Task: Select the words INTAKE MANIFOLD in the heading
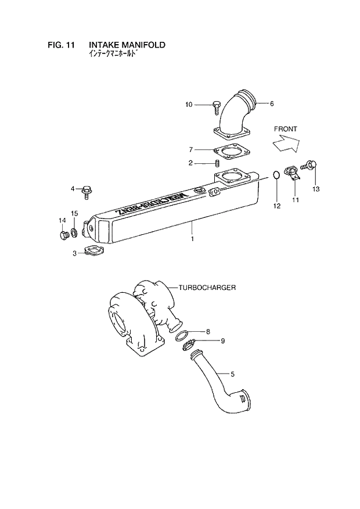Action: tap(127, 44)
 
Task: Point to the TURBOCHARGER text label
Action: tap(207, 288)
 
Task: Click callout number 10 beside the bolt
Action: tap(189, 105)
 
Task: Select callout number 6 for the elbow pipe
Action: tap(271, 104)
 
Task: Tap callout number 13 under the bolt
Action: tap(316, 189)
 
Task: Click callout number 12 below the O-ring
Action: tap(277, 206)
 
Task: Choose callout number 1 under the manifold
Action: tap(192, 239)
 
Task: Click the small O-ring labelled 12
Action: tap(277, 174)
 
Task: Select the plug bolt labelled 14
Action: tap(63, 235)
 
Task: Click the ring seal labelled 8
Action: tap(182, 336)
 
